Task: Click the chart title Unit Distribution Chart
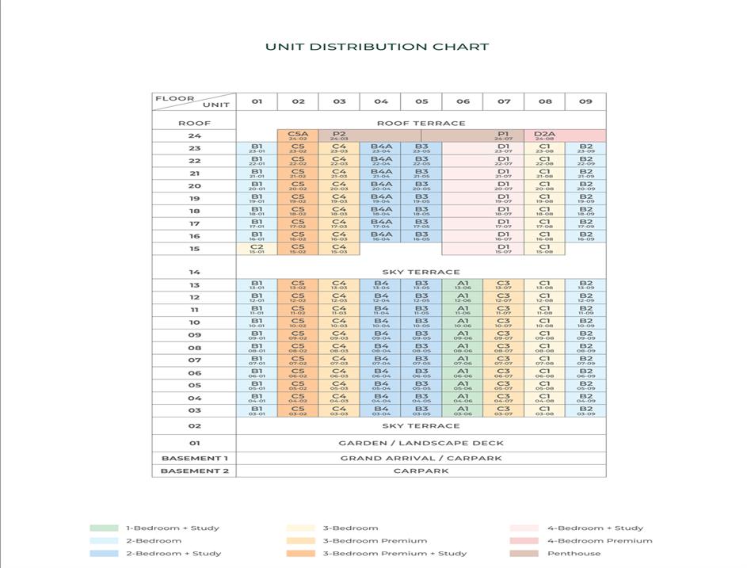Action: (377, 47)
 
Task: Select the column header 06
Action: (463, 101)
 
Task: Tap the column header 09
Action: (585, 101)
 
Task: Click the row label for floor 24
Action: (194, 136)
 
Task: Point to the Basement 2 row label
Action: (194, 471)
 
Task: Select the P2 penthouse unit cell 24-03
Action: (339, 136)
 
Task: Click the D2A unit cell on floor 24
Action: (545, 136)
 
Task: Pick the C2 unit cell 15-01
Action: (257, 249)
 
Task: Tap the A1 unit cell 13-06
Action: (463, 285)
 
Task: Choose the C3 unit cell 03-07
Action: (504, 410)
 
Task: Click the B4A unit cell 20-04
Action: (381, 187)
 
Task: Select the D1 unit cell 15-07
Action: (504, 249)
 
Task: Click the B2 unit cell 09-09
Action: (585, 335)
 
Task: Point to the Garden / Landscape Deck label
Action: (421, 443)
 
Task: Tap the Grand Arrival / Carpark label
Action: (421, 458)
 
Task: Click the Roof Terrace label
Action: (421, 123)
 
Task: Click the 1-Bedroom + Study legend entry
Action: (172, 528)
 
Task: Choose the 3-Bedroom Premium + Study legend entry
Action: (393, 554)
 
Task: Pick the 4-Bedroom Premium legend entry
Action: (600, 541)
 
